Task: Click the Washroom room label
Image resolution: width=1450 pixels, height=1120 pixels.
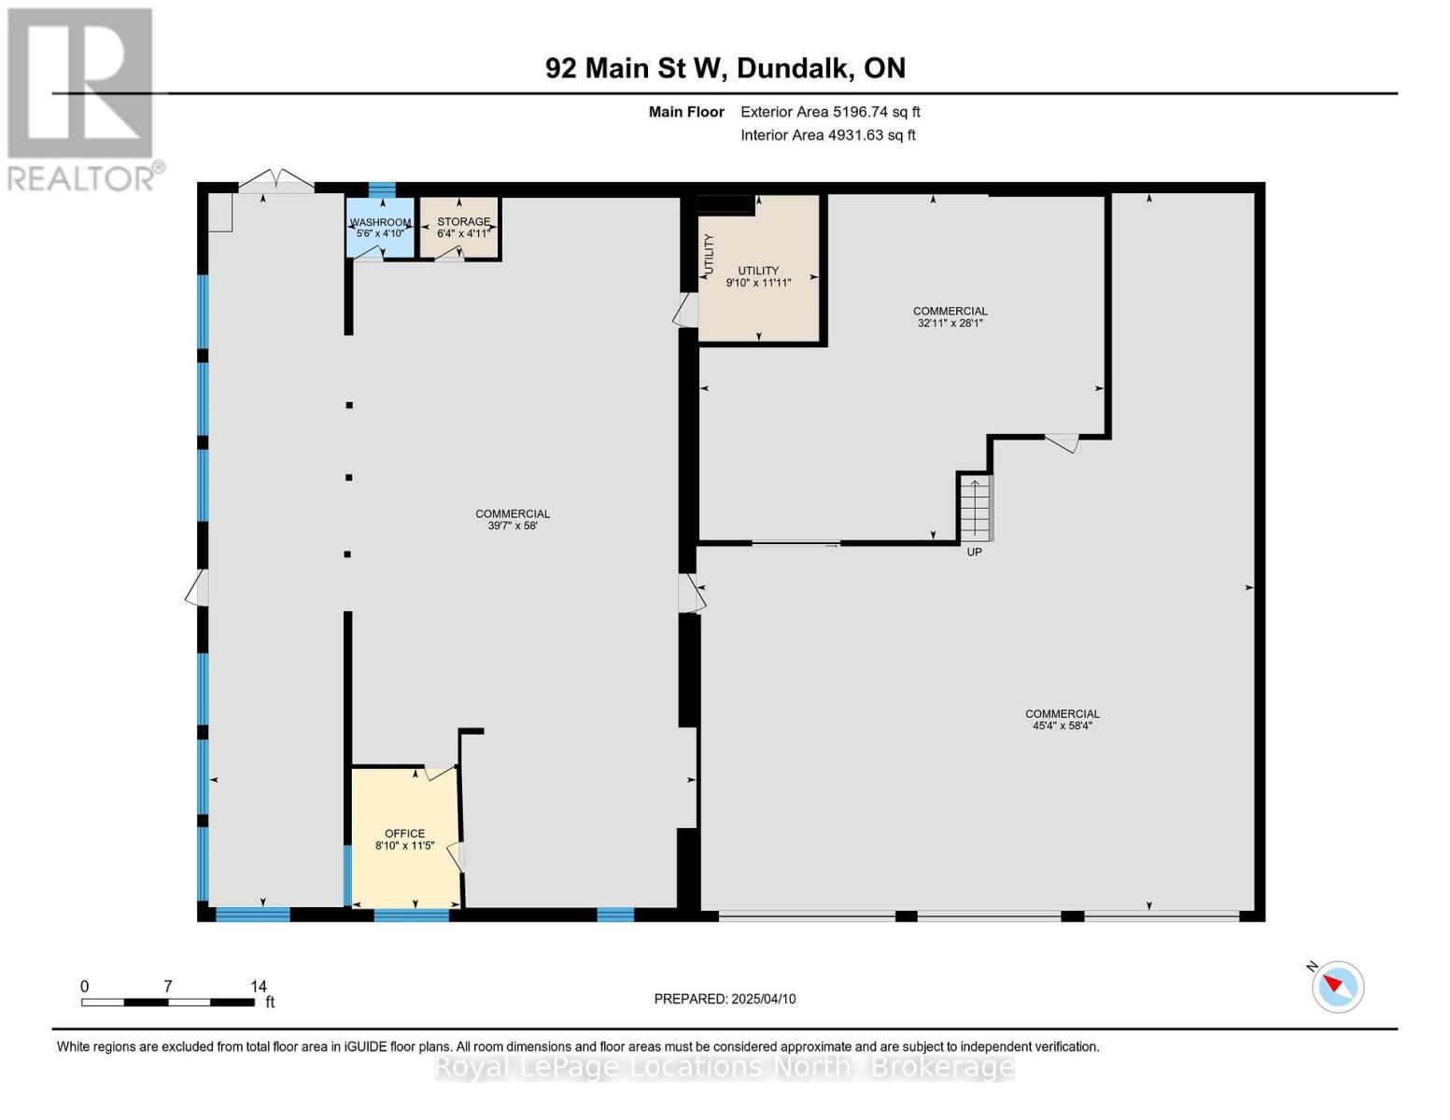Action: [x=380, y=221]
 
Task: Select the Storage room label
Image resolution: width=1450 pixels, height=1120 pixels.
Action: [x=464, y=221]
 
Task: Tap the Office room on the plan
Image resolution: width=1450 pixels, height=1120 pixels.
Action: [x=405, y=838]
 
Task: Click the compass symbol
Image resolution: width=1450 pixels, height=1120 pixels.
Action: [x=1338, y=987]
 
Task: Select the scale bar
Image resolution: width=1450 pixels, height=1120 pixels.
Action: [x=168, y=1001]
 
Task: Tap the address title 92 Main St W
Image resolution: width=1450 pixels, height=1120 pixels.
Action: [x=635, y=68]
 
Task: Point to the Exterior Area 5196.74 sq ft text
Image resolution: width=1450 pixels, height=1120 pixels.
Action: [x=830, y=112]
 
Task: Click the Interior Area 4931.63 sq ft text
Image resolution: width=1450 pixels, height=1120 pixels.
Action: [x=828, y=135]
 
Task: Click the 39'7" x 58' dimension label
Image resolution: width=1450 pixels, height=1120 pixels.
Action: [x=513, y=525]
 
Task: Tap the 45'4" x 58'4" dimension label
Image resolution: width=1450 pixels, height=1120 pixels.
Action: [x=1063, y=726]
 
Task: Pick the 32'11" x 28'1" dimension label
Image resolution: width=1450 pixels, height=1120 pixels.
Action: [x=950, y=323]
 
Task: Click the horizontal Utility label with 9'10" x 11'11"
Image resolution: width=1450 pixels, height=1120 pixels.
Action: [x=758, y=276]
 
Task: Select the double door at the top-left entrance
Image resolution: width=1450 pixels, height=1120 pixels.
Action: [x=276, y=181]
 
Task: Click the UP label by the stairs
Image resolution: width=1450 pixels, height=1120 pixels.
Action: [x=974, y=553]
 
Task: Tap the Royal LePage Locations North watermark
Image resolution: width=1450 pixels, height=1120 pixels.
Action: [x=725, y=1068]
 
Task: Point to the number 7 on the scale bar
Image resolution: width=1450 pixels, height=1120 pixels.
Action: [x=168, y=986]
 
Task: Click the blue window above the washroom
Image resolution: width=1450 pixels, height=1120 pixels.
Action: [x=383, y=189]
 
